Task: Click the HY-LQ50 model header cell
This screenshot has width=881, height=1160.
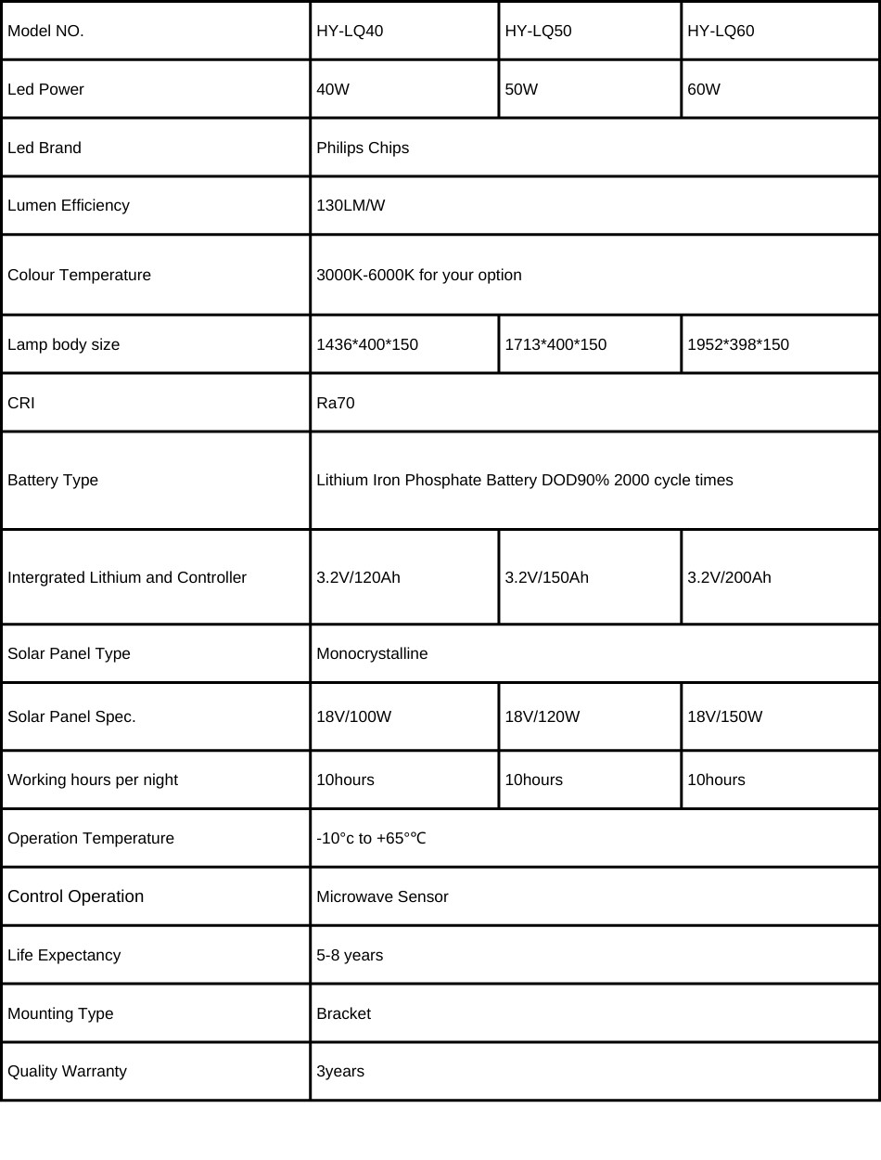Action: point(538,31)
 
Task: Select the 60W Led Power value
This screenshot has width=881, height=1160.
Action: point(704,89)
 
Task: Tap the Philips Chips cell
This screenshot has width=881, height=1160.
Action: point(363,148)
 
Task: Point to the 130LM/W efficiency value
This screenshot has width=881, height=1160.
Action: point(351,205)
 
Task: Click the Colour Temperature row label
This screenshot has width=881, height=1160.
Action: point(79,275)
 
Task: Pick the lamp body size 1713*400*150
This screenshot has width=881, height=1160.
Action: point(555,344)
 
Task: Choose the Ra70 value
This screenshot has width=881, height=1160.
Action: point(336,403)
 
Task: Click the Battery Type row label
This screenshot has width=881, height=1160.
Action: point(53,480)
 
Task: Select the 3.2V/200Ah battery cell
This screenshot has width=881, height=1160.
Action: point(729,577)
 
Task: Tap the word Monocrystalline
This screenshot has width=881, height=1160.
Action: point(372,653)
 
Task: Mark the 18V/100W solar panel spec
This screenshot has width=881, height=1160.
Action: point(354,716)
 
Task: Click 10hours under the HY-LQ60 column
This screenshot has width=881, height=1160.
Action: point(716,780)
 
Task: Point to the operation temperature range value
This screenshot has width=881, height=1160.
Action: point(371,838)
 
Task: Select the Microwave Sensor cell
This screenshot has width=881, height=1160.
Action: point(382,896)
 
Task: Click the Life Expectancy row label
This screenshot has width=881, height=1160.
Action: point(64,955)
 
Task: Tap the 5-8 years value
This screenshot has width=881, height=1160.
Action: point(350,955)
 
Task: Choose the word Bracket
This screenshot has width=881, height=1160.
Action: point(343,1013)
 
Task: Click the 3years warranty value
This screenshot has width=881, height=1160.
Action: point(340,1071)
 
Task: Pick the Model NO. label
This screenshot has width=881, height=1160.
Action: point(45,31)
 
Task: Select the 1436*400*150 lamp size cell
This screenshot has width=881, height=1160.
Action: point(367,344)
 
